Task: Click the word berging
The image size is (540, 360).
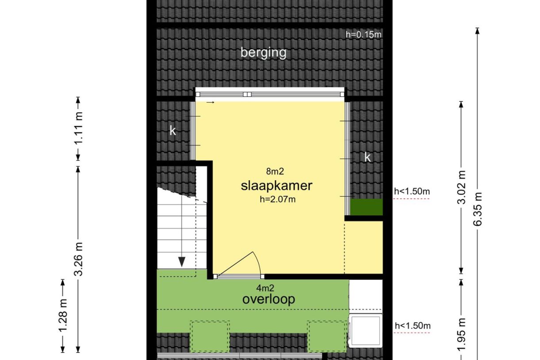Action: (263, 53)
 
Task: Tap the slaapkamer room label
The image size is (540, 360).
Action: (277, 186)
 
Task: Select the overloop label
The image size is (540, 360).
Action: (269, 299)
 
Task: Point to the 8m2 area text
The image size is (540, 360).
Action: (275, 171)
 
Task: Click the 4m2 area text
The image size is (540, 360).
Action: (265, 288)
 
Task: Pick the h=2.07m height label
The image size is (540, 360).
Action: (278, 199)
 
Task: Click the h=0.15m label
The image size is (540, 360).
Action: (363, 35)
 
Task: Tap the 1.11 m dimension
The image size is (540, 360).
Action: (79, 128)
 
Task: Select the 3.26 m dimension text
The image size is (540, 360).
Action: (79, 259)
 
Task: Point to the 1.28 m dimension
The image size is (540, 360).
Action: (63, 316)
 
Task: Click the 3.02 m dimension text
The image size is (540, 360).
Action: (461, 187)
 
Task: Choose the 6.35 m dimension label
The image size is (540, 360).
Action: (477, 209)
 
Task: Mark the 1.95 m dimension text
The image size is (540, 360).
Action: (461, 335)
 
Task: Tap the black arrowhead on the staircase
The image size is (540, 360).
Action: (182, 262)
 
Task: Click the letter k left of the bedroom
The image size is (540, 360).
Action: (173, 131)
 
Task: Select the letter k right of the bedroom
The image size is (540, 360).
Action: (367, 158)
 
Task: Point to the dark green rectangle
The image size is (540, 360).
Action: (366, 207)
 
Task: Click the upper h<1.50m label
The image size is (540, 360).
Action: (412, 191)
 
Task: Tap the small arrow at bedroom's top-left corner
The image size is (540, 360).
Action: (210, 102)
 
